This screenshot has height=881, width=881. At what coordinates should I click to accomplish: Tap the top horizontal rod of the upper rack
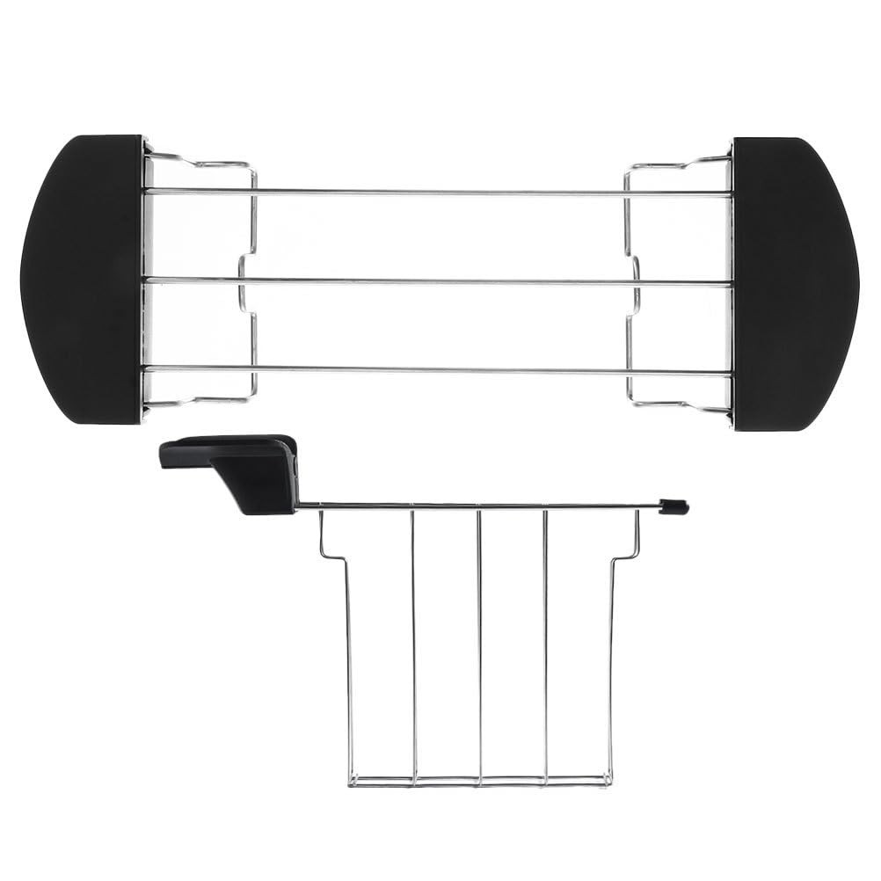click(440, 192)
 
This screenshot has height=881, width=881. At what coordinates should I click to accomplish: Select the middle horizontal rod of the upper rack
click(440, 282)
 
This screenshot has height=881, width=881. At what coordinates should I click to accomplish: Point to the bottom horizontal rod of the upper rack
click(440, 372)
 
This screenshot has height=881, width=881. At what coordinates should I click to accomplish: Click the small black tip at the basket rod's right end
click(675, 506)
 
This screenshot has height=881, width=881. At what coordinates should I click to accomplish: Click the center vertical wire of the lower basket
click(479, 642)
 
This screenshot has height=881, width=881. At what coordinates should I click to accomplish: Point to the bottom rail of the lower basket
click(479, 780)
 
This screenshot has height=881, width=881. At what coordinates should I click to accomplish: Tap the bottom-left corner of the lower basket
click(351, 781)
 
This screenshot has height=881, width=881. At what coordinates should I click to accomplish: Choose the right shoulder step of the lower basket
click(626, 556)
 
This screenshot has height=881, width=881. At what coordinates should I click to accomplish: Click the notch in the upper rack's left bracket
click(244, 282)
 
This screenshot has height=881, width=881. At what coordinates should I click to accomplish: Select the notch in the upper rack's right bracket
click(635, 282)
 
